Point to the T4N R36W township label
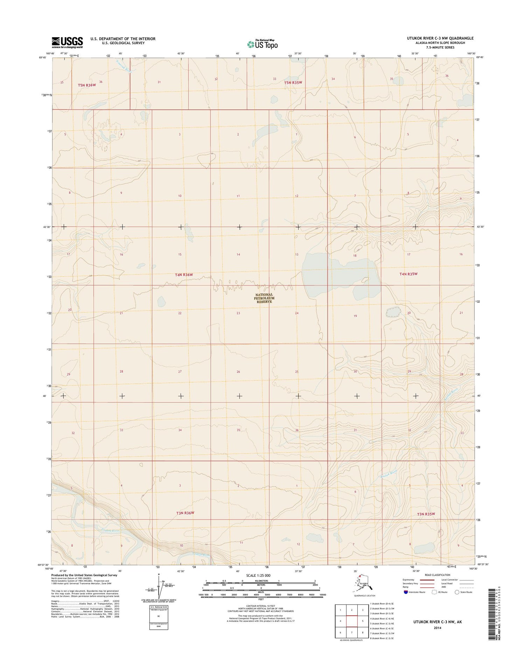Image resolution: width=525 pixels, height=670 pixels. [x=184, y=275]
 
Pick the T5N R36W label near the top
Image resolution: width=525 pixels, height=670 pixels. [x=87, y=85]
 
